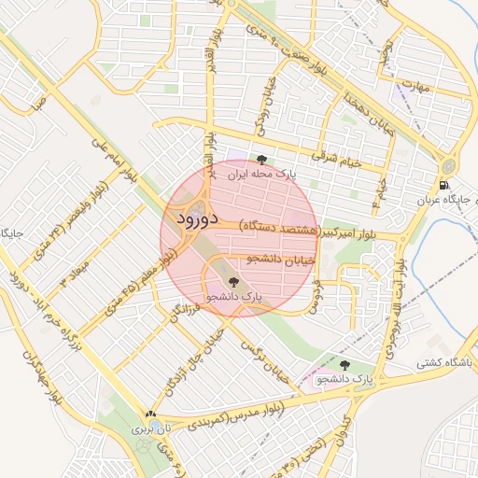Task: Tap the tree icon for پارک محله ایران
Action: click(x=262, y=160)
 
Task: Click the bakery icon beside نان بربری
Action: click(x=149, y=414)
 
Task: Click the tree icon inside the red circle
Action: click(x=232, y=280)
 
